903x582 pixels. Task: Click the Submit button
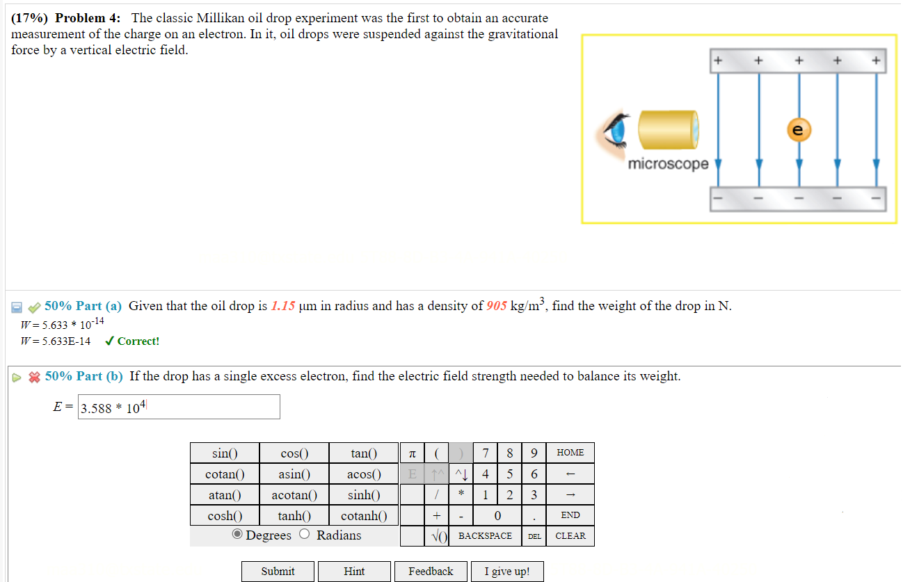[x=278, y=572]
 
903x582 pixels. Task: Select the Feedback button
[x=431, y=572]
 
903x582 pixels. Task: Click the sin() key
[x=225, y=453]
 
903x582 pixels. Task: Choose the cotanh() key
[x=364, y=516]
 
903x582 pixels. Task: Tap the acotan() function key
[x=294, y=495]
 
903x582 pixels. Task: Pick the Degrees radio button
[x=238, y=535]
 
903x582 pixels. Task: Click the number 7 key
[x=486, y=453]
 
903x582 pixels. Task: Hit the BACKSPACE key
[x=485, y=536]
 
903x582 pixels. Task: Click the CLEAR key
[x=570, y=536]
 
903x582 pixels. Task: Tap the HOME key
[x=570, y=453]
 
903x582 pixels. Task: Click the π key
[x=412, y=453]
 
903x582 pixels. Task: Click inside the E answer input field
[x=179, y=407]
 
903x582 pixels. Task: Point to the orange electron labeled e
[x=799, y=129]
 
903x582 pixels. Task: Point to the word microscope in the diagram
[x=668, y=164]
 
